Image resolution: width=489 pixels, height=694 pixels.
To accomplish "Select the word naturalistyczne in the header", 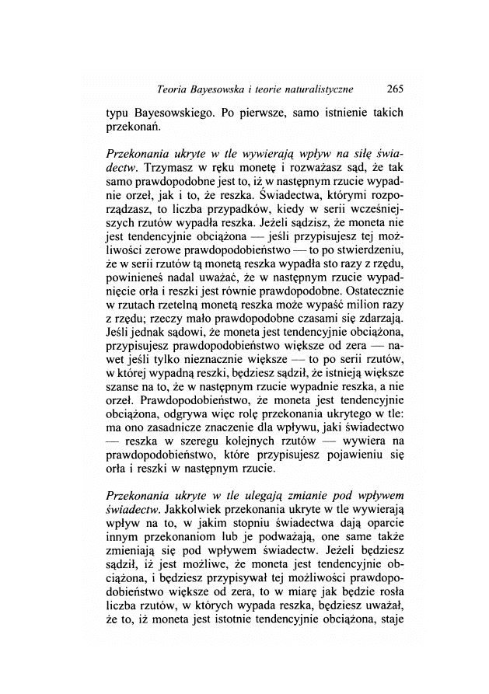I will click(327, 87).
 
